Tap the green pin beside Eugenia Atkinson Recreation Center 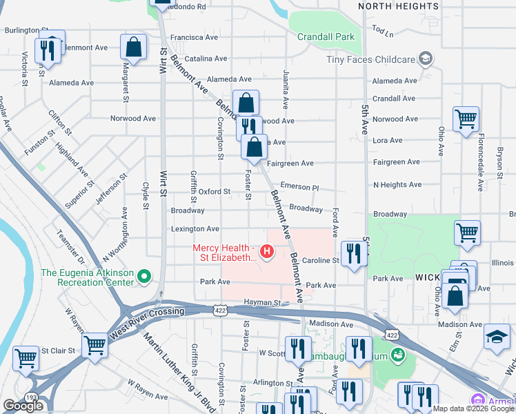(144, 277)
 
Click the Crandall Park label (321, 37)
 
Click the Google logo (23, 406)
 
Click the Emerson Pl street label (300, 188)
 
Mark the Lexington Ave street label (195, 228)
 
